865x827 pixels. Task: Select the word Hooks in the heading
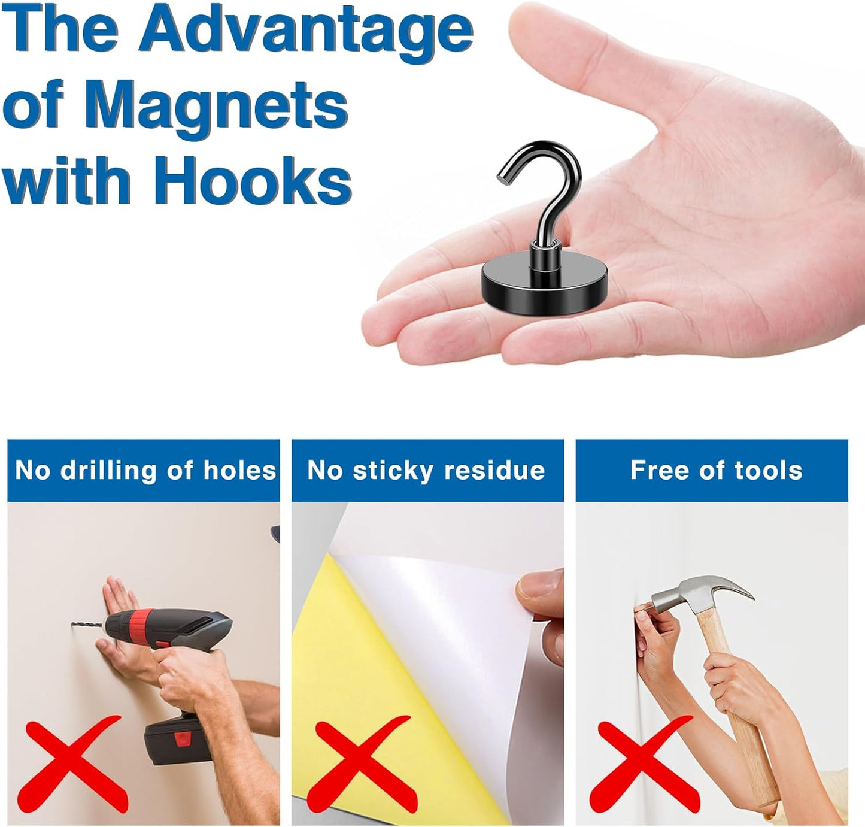(x=252, y=180)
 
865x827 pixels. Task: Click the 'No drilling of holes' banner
(x=144, y=470)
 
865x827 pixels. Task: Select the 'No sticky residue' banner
(x=427, y=470)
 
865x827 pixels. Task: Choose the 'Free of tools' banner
(x=712, y=470)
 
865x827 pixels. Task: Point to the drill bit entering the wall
(x=87, y=626)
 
